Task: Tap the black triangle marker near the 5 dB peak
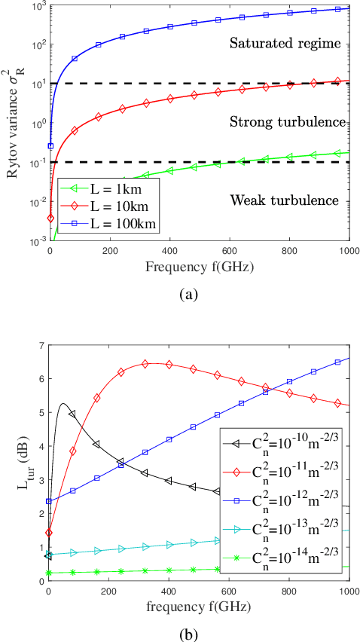point(72,414)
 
